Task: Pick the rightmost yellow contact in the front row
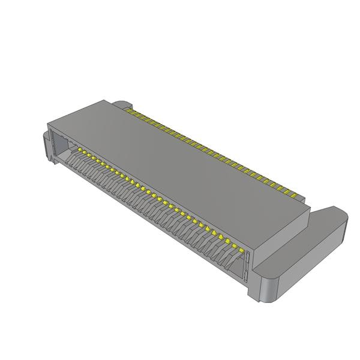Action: pos(239,247)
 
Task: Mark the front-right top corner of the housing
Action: pos(254,248)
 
